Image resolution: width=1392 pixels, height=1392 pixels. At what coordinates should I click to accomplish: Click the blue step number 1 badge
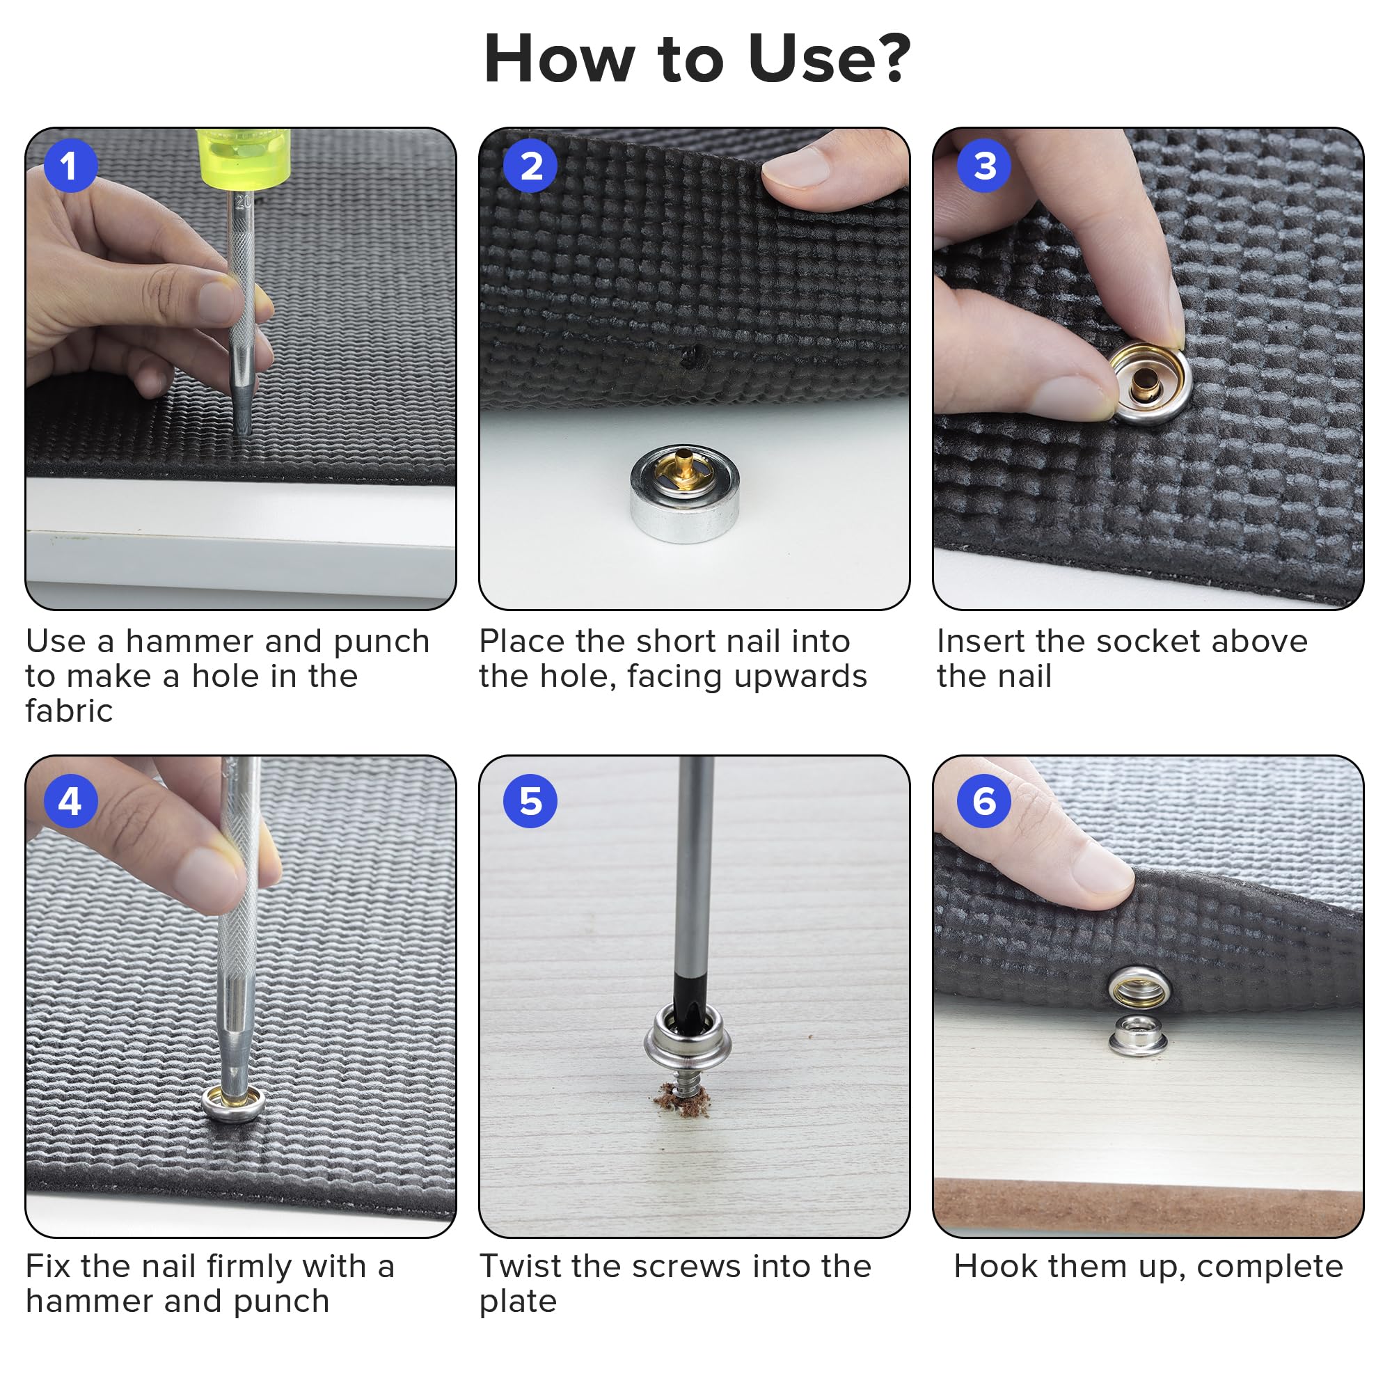pos(70,166)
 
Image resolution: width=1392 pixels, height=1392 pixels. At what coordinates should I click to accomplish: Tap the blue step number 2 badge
pos(530,166)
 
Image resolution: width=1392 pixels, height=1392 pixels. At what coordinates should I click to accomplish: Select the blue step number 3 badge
pos(984,166)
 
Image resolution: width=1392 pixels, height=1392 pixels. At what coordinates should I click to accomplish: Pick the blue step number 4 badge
pos(70,800)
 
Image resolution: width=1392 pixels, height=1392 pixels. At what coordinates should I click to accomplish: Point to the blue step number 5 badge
pos(530,800)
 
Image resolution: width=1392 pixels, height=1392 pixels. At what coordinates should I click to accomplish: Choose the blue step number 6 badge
pos(984,800)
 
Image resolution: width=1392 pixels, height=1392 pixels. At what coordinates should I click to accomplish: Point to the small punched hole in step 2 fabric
pos(689,356)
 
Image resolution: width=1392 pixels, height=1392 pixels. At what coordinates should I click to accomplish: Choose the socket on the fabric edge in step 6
pos(1139,986)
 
